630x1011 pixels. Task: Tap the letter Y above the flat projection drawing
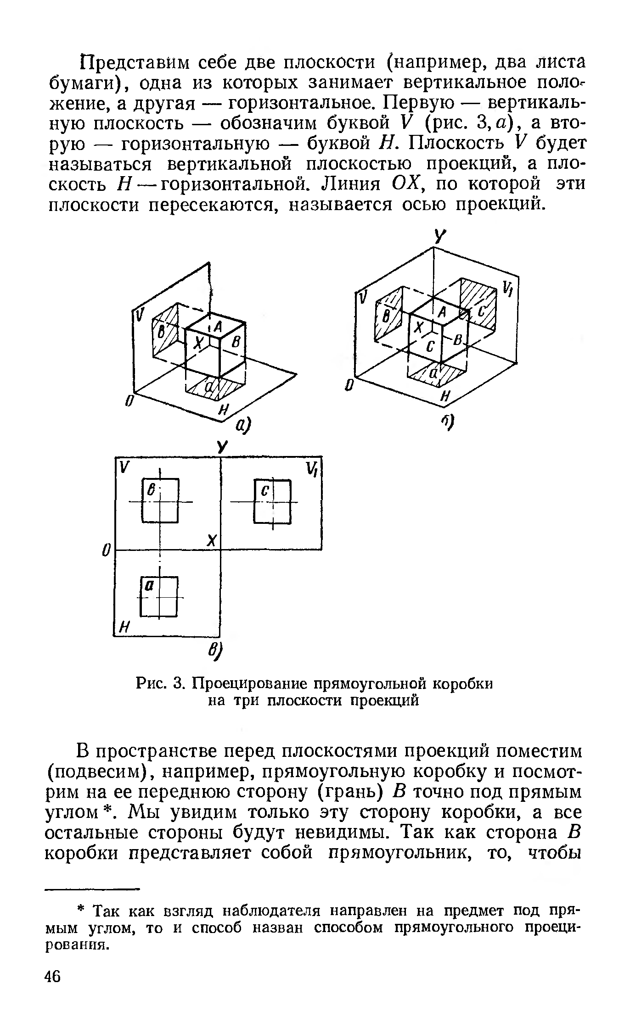(222, 448)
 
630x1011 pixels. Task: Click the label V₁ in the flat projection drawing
(313, 469)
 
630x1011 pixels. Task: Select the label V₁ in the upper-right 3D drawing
(507, 289)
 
